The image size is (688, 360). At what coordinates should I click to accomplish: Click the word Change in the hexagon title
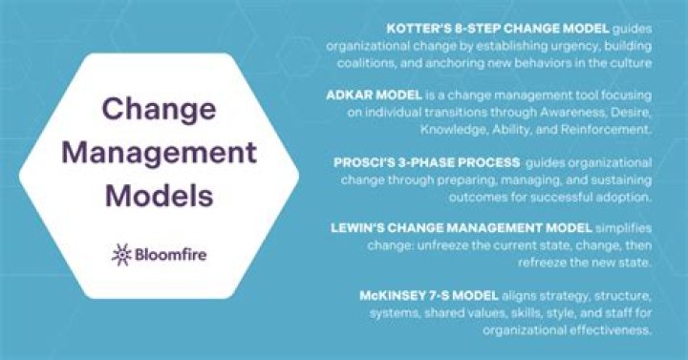144,108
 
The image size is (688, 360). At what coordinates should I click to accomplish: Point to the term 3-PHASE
416,163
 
